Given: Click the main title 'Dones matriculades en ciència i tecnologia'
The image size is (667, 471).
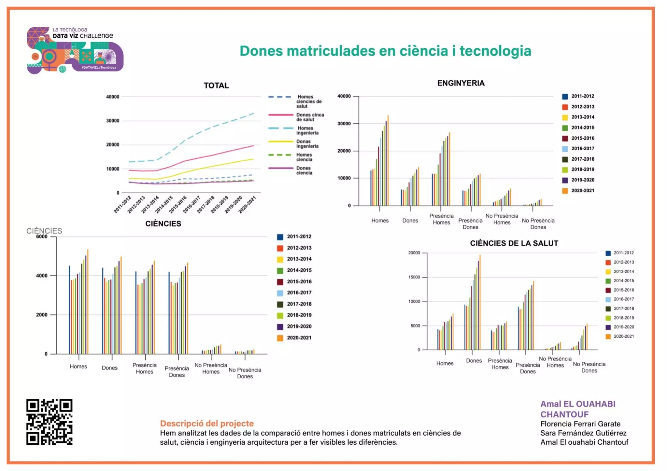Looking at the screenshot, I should tap(385, 51).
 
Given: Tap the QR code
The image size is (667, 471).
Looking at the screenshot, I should tap(49, 422).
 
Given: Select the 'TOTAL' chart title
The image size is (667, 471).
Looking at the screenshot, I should tap(216, 86).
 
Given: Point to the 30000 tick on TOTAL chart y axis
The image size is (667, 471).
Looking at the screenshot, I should tap(113, 121).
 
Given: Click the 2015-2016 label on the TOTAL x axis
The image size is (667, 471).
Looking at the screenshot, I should tap(178, 204).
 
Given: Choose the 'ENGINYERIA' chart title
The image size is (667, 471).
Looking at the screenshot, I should tap(461, 83).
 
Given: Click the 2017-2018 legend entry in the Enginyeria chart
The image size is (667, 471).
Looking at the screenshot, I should tap(582, 159).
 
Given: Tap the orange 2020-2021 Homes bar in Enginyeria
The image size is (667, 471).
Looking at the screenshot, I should tap(388, 161).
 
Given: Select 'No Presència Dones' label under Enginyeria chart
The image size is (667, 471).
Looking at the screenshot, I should tap(538, 224).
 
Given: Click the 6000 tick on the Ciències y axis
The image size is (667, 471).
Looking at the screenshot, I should tap(42, 237).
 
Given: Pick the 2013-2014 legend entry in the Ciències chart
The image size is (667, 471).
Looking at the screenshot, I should tap(299, 259).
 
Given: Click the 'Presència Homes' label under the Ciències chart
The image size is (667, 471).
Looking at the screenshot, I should tap(144, 369).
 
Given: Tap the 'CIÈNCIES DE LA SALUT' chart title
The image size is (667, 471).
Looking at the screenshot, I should tap(514, 243).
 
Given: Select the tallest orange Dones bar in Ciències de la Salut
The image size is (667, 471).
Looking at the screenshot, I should tap(480, 303).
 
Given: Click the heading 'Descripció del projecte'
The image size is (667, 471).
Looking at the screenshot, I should tap(207, 424).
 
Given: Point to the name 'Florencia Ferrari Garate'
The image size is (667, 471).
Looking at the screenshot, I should tap(580, 424).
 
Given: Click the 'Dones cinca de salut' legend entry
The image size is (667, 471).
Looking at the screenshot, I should tap(309, 117).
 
